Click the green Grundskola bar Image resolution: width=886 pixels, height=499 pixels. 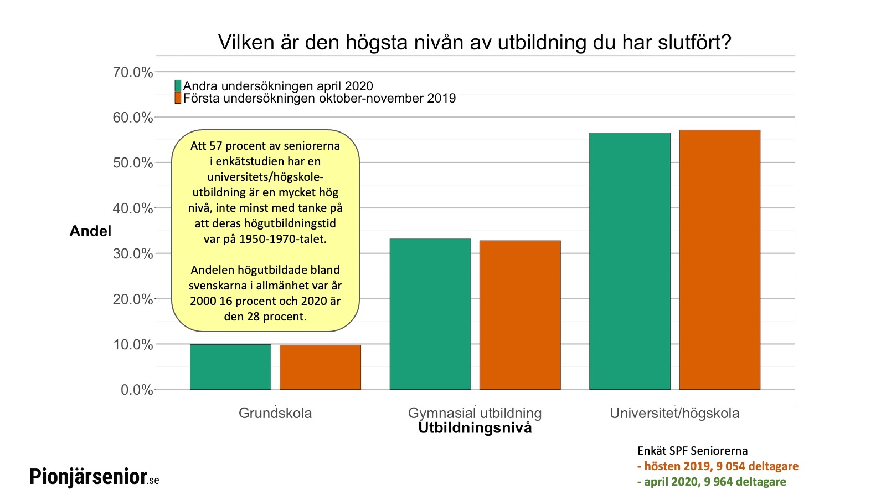(230, 367)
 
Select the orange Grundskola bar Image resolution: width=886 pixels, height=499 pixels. (320, 367)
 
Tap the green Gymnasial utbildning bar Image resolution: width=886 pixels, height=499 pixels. (430, 314)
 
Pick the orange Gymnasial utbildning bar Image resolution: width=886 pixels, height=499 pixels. (520, 315)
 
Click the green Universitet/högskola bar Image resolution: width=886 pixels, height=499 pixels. (630, 261)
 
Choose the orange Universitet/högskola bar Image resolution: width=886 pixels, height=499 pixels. (719, 259)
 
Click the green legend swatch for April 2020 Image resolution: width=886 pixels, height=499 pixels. (178, 86)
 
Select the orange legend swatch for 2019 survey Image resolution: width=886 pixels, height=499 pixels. (178, 98)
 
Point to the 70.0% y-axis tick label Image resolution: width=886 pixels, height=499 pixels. (133, 72)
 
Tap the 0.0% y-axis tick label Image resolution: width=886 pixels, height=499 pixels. (137, 390)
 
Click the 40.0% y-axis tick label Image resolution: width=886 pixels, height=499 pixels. (133, 208)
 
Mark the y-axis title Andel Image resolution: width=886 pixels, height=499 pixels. (90, 231)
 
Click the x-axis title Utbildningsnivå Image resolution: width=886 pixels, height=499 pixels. (475, 428)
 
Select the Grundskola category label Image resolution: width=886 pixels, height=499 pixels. (275, 413)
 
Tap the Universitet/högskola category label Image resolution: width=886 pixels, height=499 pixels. (674, 413)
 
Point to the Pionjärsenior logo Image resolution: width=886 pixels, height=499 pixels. (94, 477)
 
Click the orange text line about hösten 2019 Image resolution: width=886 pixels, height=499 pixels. (718, 466)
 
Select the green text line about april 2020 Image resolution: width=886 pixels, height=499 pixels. (712, 482)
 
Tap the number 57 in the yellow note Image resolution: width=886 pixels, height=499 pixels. (215, 146)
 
